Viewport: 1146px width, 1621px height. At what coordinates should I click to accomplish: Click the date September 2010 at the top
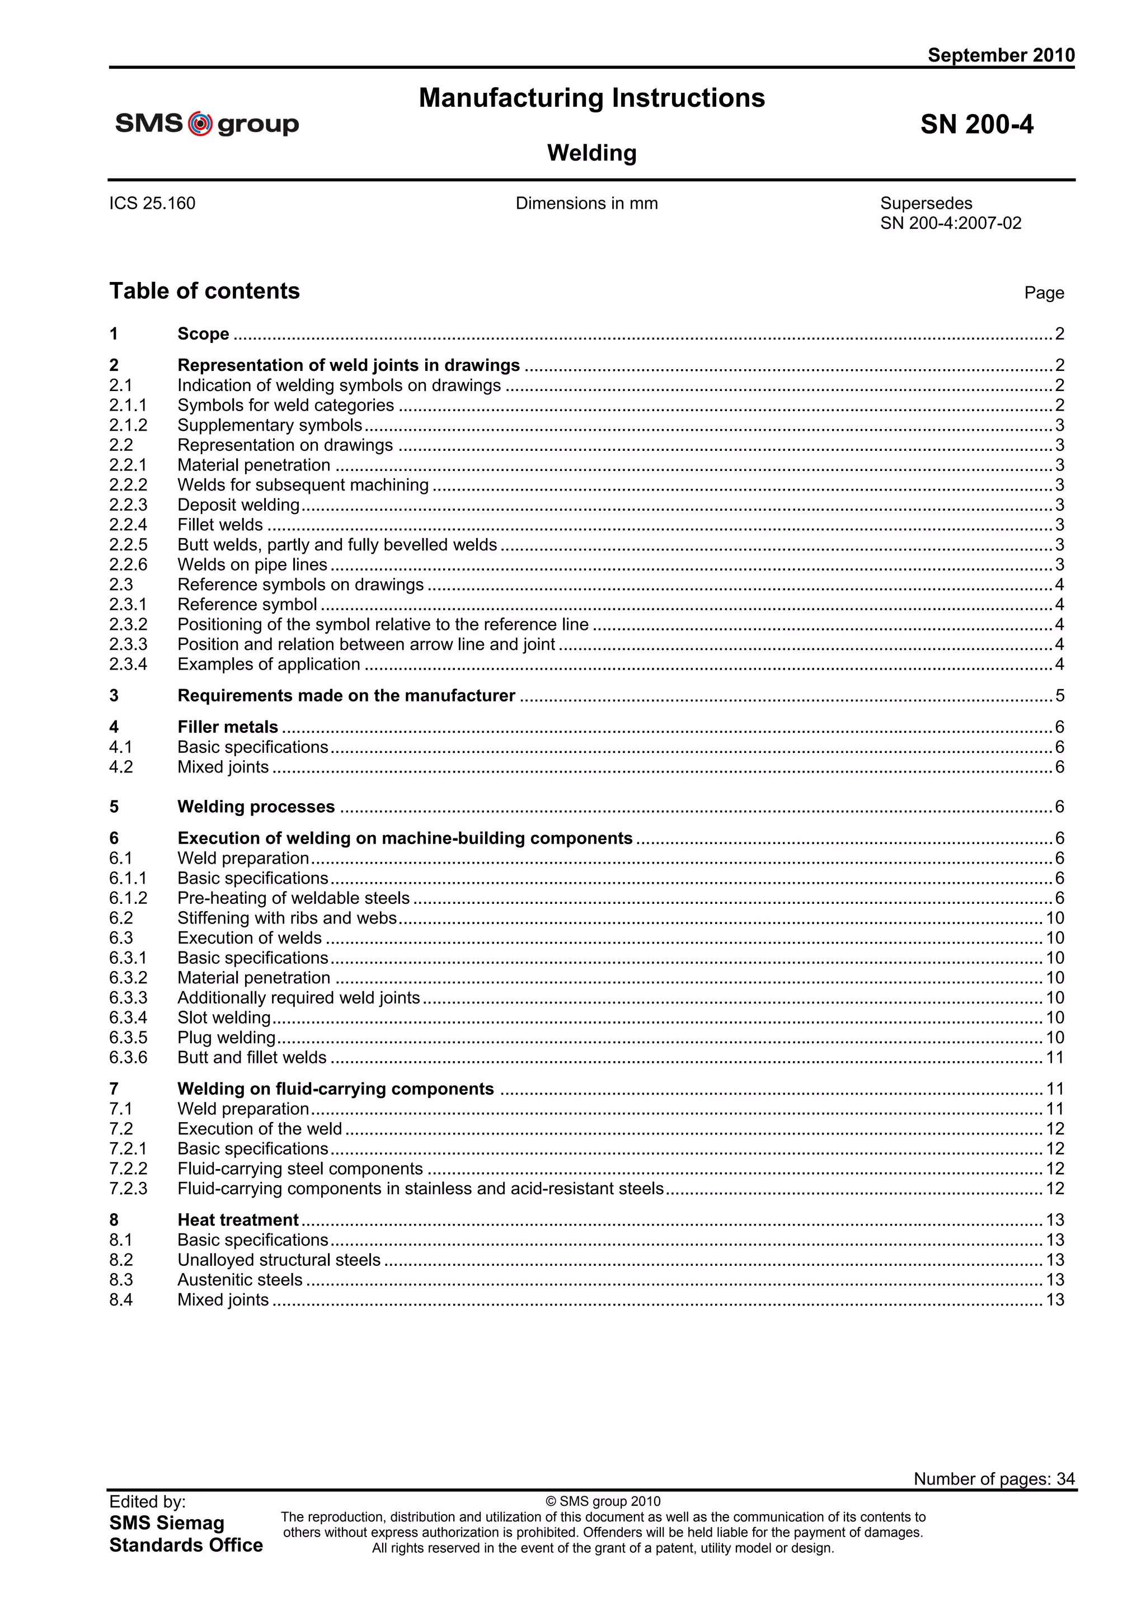coord(1001,55)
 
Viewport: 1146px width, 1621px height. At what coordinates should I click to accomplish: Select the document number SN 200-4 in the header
coord(976,124)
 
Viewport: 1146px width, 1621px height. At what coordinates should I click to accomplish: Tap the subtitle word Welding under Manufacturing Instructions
coord(591,153)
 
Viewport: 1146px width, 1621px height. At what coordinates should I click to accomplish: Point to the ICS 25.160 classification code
coord(152,204)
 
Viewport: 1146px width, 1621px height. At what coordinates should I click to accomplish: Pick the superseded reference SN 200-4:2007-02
coord(950,223)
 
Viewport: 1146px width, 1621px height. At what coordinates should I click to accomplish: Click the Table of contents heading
coord(204,291)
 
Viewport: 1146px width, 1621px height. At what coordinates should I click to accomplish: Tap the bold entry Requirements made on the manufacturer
coord(346,695)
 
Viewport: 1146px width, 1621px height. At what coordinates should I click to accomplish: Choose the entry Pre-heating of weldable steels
coord(293,898)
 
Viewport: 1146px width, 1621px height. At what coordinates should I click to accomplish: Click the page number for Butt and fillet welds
coord(1054,1058)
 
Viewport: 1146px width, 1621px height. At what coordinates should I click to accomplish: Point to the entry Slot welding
coord(224,1017)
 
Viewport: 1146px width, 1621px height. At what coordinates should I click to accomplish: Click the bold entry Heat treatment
coord(238,1220)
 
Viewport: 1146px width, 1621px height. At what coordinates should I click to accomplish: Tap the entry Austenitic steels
coord(239,1280)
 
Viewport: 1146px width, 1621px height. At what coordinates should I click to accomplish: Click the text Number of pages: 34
coord(993,1478)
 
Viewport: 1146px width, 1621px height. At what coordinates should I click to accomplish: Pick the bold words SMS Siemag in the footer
coord(167,1523)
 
